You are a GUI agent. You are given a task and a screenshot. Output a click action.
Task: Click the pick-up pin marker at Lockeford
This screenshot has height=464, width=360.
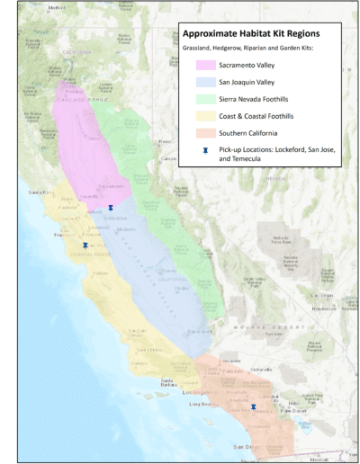click(111, 208)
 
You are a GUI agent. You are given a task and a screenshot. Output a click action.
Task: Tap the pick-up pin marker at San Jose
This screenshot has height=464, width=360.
click(85, 245)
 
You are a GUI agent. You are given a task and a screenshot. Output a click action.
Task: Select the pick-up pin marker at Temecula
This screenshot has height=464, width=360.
click(254, 406)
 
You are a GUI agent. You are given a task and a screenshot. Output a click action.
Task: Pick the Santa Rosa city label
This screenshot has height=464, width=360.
click(41, 192)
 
